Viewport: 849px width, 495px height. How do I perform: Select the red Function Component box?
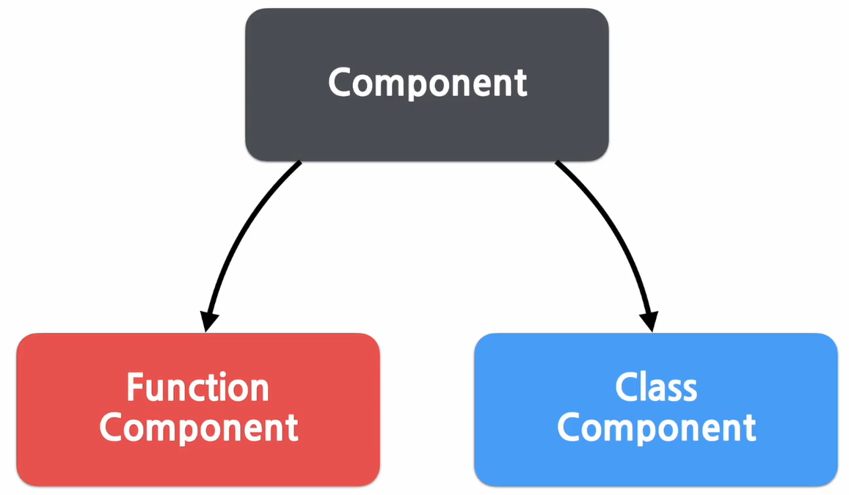tap(197, 462)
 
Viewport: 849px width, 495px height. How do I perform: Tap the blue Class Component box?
tap(655, 462)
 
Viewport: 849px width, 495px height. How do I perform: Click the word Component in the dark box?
tap(427, 82)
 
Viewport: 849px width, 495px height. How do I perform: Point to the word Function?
tap(197, 387)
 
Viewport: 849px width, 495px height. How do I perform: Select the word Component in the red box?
tap(199, 427)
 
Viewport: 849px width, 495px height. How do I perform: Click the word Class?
tap(655, 387)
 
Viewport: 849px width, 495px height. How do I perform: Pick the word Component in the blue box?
tap(656, 427)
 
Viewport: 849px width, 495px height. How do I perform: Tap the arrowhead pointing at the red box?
tap(208, 321)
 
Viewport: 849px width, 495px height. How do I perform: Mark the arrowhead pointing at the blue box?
tap(649, 321)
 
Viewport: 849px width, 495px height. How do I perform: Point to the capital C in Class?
tap(627, 387)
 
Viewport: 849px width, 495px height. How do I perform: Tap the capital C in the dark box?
tap(340, 82)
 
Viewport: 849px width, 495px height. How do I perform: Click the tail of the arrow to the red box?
tap(297, 165)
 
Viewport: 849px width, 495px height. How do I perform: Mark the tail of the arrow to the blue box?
tap(559, 165)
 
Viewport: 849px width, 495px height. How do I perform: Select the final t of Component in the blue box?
tap(749, 428)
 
